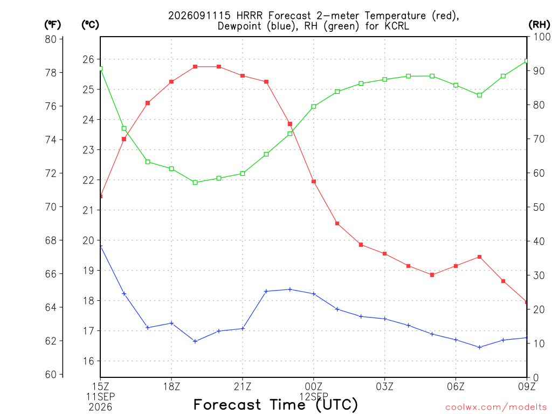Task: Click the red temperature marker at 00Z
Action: (314, 182)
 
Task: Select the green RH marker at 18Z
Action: (171, 169)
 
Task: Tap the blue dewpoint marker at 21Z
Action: (243, 329)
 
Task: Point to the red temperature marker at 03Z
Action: (385, 254)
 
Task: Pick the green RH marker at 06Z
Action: (456, 85)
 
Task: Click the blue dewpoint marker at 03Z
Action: (385, 319)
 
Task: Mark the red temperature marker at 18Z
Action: (171, 82)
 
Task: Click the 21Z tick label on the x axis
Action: (243, 387)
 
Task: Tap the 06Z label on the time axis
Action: (456, 387)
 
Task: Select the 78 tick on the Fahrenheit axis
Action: (51, 73)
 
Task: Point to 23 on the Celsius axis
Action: (88, 150)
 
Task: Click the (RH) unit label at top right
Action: (539, 24)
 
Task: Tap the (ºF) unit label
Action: (52, 25)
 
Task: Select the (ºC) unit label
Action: (90, 25)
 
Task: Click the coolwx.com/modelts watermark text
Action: (496, 407)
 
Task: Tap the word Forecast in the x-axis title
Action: (227, 404)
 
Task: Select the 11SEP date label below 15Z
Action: (101, 397)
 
